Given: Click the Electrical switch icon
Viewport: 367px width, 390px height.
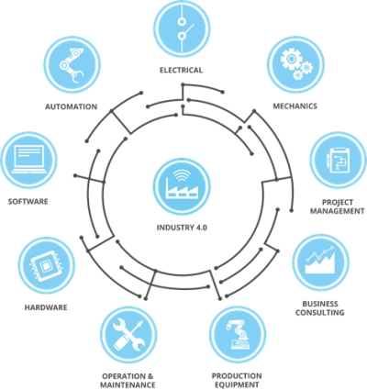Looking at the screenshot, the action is pyautogui.click(x=182, y=29).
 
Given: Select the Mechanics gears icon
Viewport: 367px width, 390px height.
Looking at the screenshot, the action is pyautogui.click(x=295, y=65).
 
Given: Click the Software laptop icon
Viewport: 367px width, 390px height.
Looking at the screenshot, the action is pyautogui.click(x=29, y=160).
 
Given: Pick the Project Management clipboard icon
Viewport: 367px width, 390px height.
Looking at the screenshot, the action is pyautogui.click(x=339, y=160).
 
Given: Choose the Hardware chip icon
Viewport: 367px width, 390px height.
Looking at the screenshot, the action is pyautogui.click(x=46, y=265).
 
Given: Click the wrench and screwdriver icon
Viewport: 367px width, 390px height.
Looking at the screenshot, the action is pyautogui.click(x=128, y=335).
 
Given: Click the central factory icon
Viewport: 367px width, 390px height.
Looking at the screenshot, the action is pyautogui.click(x=182, y=186).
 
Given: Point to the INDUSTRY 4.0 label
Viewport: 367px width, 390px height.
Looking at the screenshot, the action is pyautogui.click(x=182, y=228).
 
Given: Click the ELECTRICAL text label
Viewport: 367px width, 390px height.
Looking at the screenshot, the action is pyautogui.click(x=181, y=70).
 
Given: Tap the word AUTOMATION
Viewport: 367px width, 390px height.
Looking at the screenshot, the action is pyautogui.click(x=72, y=106).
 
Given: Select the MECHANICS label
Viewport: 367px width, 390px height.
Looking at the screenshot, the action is pyautogui.click(x=295, y=106).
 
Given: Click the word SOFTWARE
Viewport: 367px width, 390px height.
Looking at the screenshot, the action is pyautogui.click(x=28, y=202).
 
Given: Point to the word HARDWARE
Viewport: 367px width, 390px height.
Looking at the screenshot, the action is pyautogui.click(x=46, y=307).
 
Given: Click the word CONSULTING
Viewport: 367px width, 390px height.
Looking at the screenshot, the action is pyautogui.click(x=320, y=313).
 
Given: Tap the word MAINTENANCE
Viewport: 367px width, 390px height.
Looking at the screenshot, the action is pyautogui.click(x=128, y=384).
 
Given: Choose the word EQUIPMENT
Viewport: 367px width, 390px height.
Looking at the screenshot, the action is pyautogui.click(x=237, y=384).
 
